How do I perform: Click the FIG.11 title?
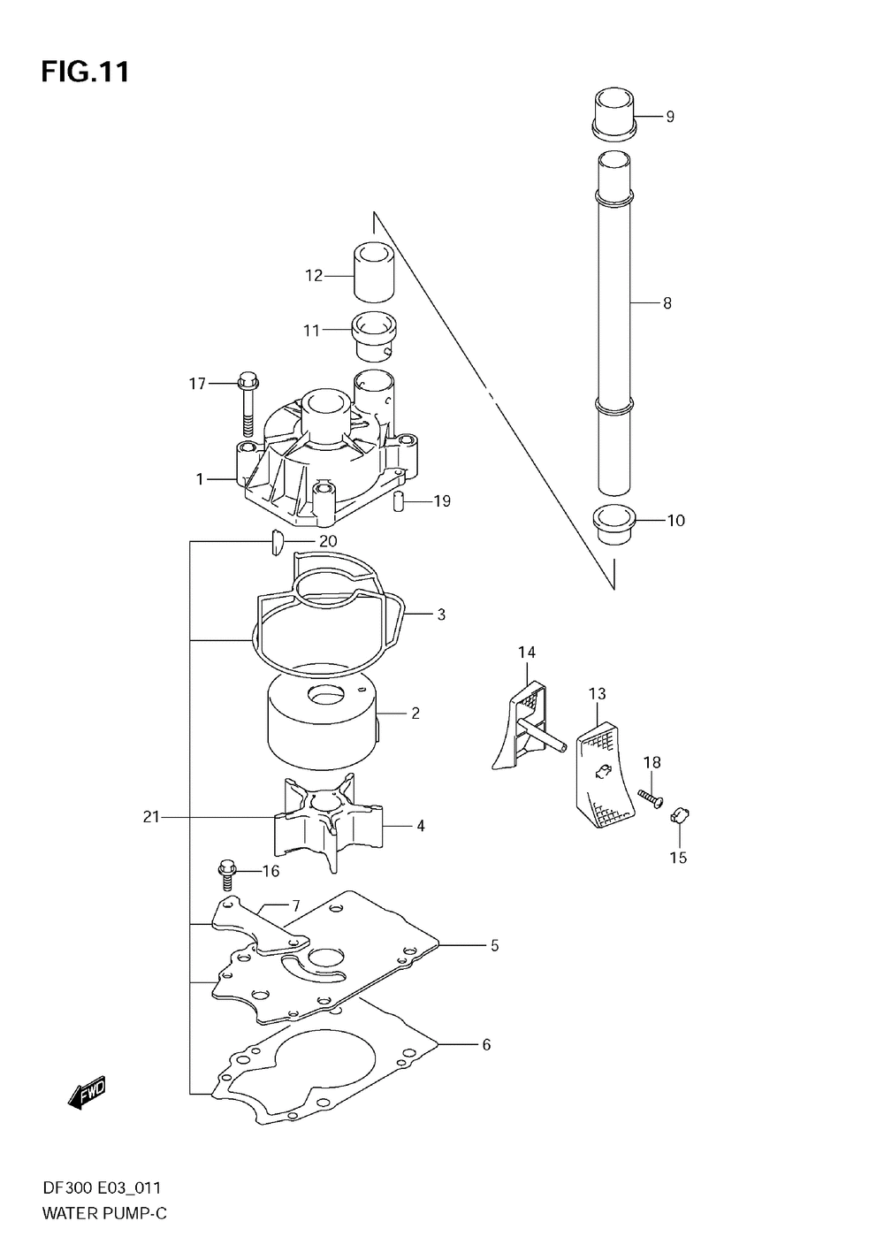(x=85, y=72)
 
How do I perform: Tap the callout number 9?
(x=670, y=116)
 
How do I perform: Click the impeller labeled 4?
(x=327, y=818)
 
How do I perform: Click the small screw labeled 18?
(x=652, y=798)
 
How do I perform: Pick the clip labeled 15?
(x=681, y=814)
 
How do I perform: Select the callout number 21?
(x=151, y=817)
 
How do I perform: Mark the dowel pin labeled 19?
(x=399, y=501)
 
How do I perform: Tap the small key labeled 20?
(x=275, y=541)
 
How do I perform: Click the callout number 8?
(x=667, y=303)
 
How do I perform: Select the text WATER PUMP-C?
(x=104, y=1214)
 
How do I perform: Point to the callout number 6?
(x=485, y=1044)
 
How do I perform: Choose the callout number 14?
(x=527, y=653)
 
